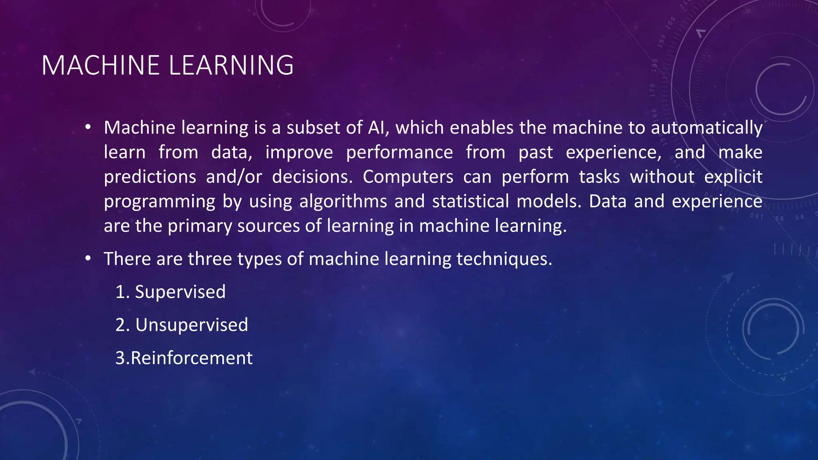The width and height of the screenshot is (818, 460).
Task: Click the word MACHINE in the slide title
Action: coord(100,65)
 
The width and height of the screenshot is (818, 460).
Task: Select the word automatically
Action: coord(707,128)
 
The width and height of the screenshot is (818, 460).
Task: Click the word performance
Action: coord(399,153)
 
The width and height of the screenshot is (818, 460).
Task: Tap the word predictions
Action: coord(150,177)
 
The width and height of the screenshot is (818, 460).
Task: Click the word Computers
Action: coord(408,177)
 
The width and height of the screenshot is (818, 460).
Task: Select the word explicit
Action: coord(733,177)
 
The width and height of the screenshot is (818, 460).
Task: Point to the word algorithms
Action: coord(343,201)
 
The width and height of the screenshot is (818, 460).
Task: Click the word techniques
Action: coord(504,259)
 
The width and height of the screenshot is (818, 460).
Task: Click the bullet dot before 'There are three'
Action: coord(88,259)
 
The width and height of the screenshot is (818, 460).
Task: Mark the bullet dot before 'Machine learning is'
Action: coord(88,128)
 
